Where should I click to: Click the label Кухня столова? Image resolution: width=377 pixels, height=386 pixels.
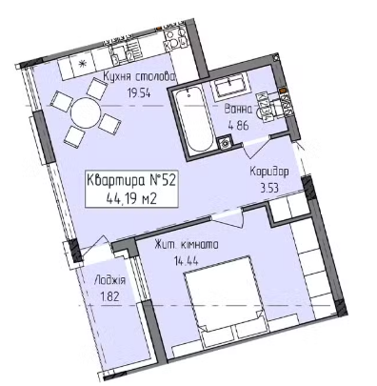pos(139,77)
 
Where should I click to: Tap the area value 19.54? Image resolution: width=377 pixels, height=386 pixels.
pos(138,93)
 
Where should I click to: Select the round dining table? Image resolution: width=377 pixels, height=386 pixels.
pos(86,112)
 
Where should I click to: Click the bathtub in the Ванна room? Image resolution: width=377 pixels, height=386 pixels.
pos(194,120)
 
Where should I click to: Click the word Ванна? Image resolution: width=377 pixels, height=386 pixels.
pos(238,110)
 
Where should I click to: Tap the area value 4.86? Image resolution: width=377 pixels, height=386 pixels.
pos(238,125)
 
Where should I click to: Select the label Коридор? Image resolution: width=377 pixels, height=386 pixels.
pos(269,172)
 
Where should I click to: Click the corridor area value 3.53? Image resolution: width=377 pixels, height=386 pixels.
pos(269,188)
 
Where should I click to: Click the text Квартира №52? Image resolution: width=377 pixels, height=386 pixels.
pos(131,181)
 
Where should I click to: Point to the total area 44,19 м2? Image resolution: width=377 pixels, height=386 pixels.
pos(131,199)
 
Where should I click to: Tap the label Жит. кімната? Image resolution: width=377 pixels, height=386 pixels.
pos(187,245)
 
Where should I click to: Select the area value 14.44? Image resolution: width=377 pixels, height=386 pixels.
pos(187,261)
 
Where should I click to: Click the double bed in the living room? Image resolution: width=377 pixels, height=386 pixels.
pos(226,302)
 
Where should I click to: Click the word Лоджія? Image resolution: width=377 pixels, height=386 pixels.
pos(110,280)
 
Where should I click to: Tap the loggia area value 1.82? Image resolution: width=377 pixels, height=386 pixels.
pos(109,297)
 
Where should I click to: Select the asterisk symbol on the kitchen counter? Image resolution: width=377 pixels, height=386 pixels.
pos(82,64)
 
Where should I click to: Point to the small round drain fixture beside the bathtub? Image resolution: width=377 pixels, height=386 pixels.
pos(225,142)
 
